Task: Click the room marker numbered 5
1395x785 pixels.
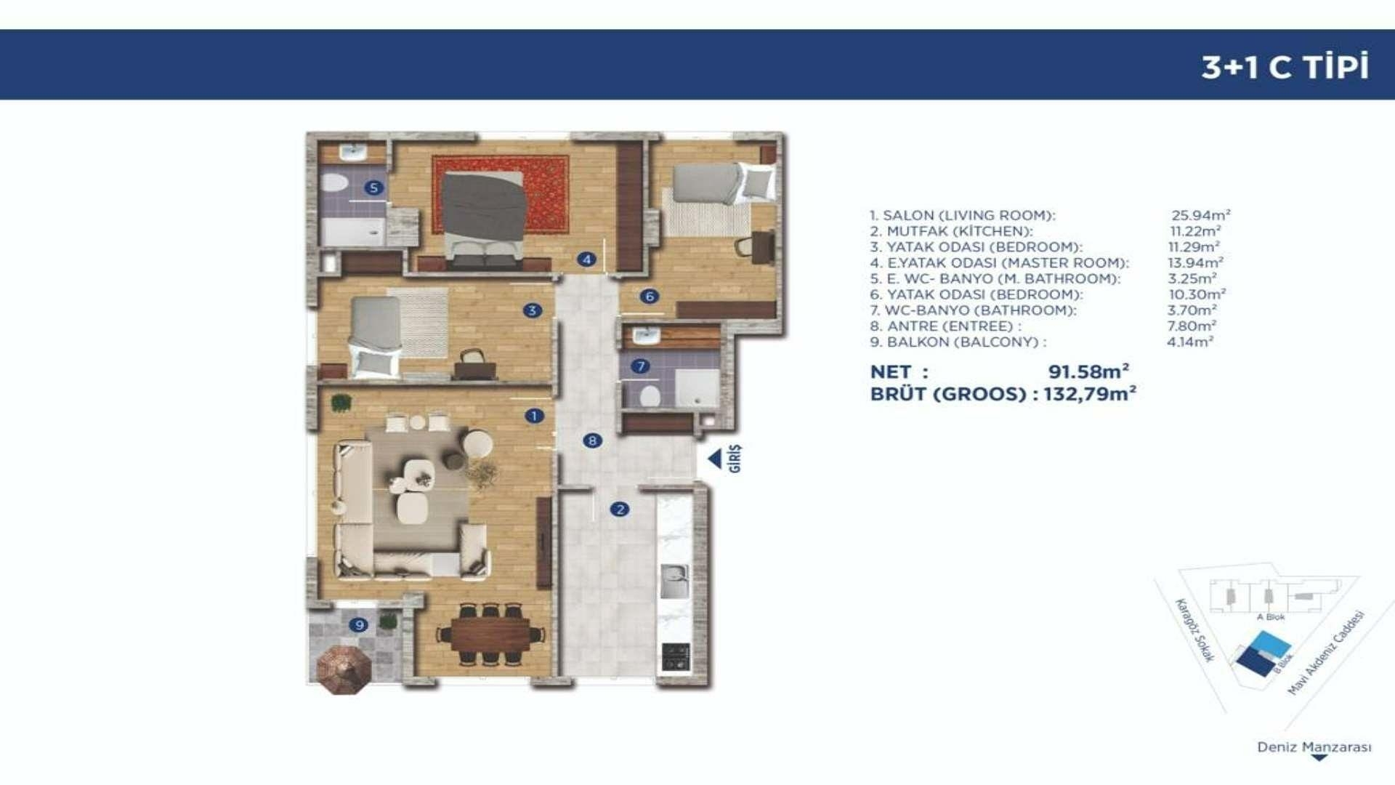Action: pos(373,188)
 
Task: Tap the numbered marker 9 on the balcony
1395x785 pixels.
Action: pos(358,624)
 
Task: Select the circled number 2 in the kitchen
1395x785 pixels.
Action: pos(620,510)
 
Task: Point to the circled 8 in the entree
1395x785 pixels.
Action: pos(593,440)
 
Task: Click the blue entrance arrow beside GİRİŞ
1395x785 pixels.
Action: pos(715,459)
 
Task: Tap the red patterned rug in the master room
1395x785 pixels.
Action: pos(501,194)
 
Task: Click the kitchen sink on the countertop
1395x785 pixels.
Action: pos(675,581)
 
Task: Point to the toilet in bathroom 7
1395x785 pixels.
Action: pos(650,395)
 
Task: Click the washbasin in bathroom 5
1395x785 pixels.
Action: pos(354,152)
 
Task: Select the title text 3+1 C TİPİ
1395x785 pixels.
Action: pos(1285,66)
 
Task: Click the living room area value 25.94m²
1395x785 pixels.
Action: pos(1200,215)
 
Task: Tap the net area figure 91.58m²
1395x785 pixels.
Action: pos(1088,371)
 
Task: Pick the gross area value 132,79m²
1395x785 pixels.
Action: pos(1090,394)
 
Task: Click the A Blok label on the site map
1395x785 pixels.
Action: pos(1271,617)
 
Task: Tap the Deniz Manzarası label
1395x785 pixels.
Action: pos(1314,747)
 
